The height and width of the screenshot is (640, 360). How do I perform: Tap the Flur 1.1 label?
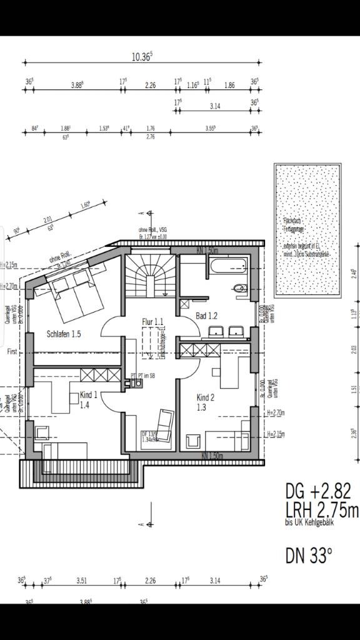[x=153, y=322]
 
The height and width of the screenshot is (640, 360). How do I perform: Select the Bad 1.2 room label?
[x=206, y=316]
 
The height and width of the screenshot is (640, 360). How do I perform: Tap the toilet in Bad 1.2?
[x=238, y=288]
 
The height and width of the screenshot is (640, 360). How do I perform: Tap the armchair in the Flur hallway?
[x=166, y=420]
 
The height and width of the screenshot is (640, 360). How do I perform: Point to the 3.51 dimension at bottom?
[x=81, y=581]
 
